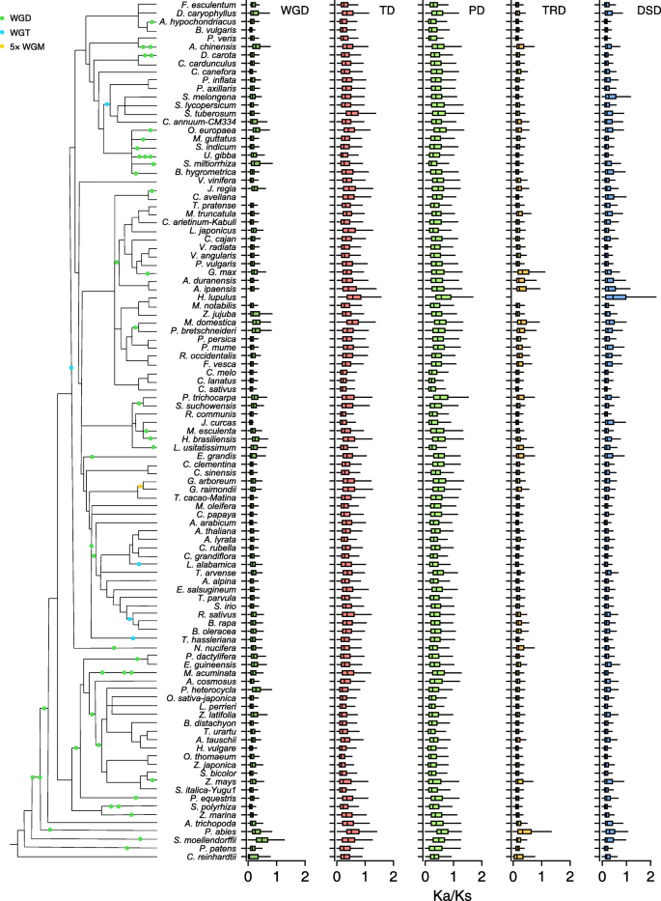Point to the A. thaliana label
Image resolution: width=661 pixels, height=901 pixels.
pyautogui.click(x=217, y=530)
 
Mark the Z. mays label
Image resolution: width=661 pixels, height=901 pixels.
pyautogui.click(x=225, y=779)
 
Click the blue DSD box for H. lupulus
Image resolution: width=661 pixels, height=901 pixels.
pyautogui.click(x=614, y=296)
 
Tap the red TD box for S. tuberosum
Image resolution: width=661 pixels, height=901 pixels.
pyautogui.click(x=351, y=113)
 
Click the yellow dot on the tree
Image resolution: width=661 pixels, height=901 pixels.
pyautogui.click(x=140, y=488)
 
